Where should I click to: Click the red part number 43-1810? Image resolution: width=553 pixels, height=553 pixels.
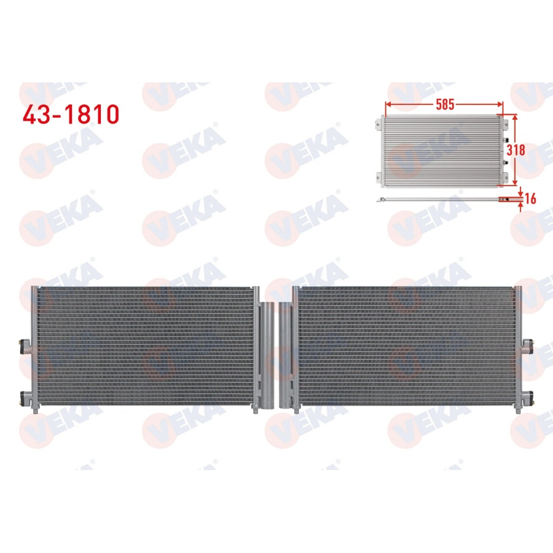point(70,114)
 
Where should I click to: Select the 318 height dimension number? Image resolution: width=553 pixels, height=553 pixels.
point(517,149)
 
